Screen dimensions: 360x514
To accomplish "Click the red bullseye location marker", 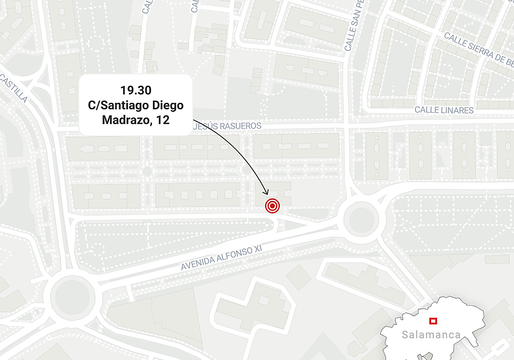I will pos(272,206).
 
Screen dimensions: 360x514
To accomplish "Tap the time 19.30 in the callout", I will pos(136,91).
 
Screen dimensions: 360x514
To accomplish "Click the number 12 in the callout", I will pos(163,120).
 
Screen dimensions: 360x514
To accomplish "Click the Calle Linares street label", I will pos(444,110).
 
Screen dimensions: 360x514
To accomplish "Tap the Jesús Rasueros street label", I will pos(227,126).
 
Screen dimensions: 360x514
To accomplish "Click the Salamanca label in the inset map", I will pos(431,335).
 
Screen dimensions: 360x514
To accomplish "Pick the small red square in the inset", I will pos(433,321).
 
